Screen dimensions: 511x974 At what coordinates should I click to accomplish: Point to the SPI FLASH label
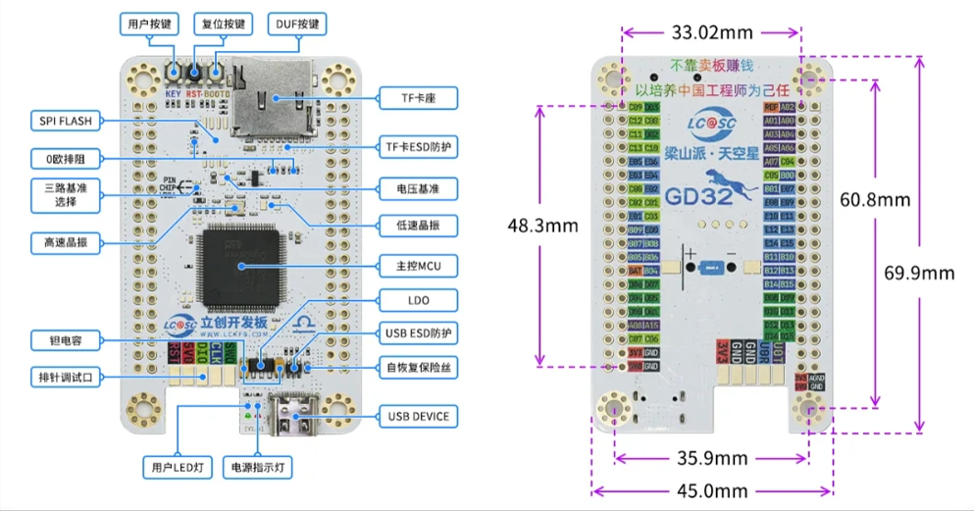65,121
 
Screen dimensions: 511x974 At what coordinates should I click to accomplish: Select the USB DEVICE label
417,416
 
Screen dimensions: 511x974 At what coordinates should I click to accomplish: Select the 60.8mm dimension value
876,200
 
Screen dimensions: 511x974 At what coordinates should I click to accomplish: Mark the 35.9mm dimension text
712,458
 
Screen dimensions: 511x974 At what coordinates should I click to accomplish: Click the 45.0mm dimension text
712,491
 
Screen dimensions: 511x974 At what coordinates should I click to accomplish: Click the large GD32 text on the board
696,195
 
